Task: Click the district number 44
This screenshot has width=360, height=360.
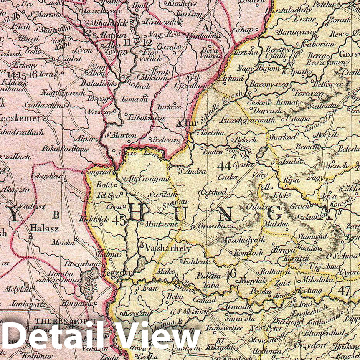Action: point(223,166)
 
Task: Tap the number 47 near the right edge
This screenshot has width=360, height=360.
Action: point(344,290)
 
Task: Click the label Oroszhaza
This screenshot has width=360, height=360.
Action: point(216,226)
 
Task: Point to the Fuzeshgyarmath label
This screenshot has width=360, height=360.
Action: point(248,120)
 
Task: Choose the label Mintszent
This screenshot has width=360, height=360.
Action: point(161,224)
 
